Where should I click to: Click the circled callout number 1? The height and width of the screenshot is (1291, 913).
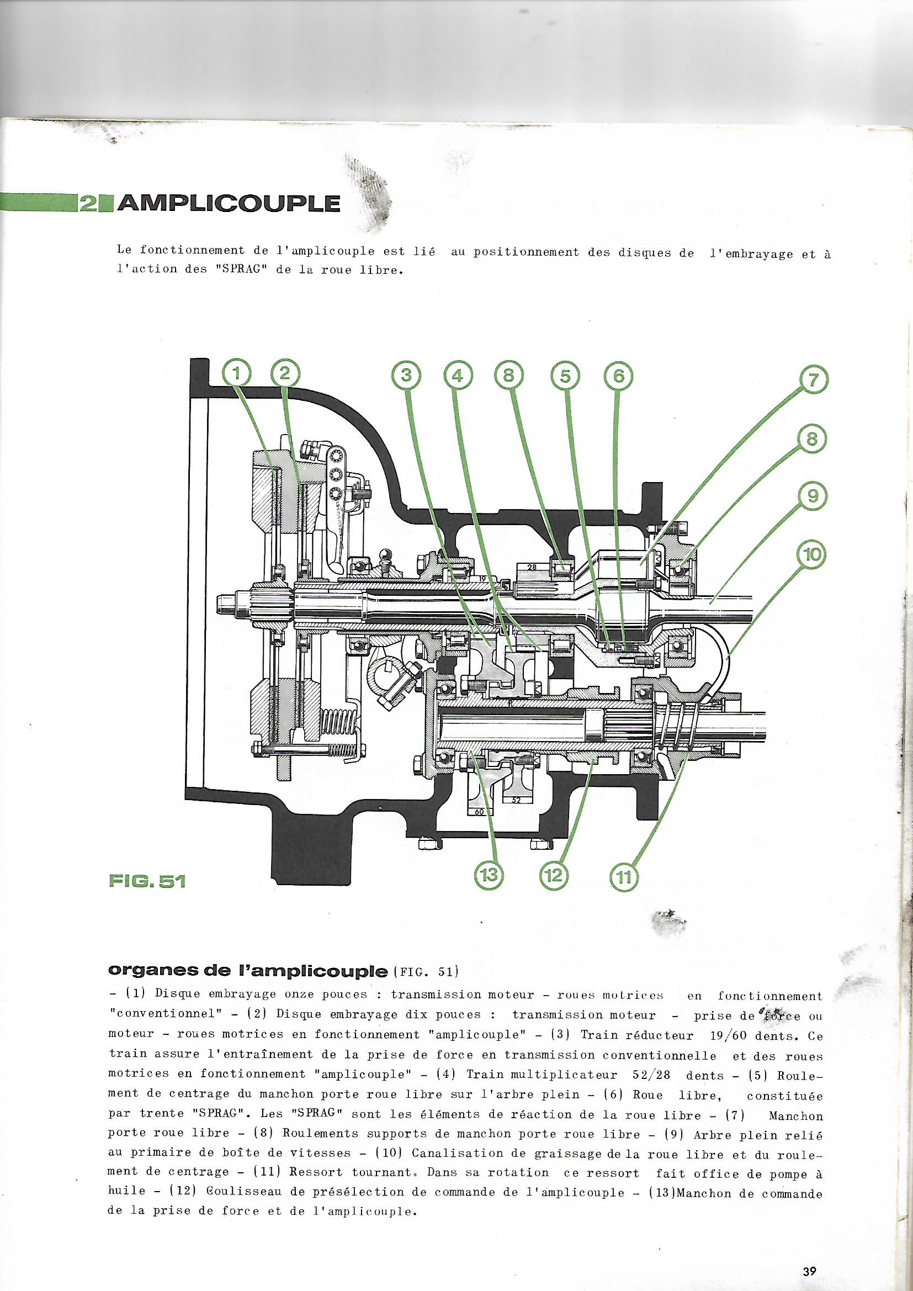[236, 374]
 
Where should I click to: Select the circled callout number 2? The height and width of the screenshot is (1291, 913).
[285, 374]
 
